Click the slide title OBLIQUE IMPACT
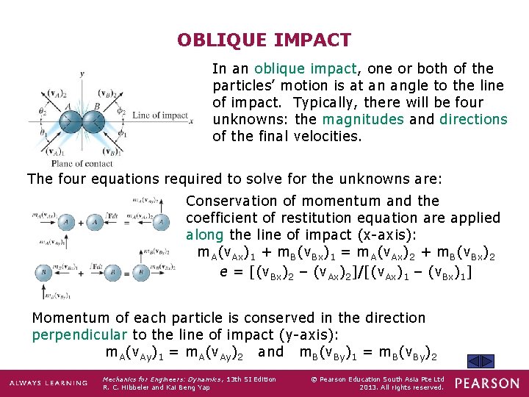point(264,40)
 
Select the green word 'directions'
point(473,119)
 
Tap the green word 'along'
point(205,235)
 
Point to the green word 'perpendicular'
point(81,335)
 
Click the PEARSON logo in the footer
point(486,383)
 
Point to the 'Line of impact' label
point(161,115)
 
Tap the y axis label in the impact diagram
point(82,73)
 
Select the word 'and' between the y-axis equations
point(270,351)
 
